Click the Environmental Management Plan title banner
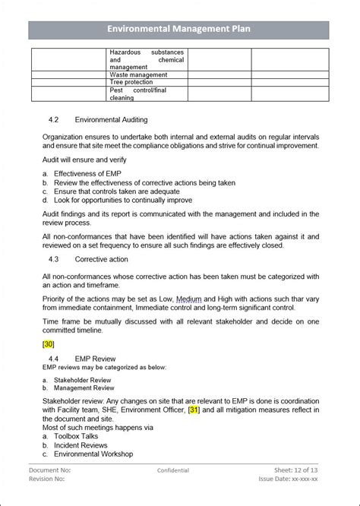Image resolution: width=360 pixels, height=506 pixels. pos(179,30)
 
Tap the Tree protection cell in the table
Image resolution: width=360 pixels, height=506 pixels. pos(132,83)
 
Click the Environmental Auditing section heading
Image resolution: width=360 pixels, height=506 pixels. pos(111,120)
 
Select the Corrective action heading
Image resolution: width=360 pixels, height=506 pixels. pos(103,259)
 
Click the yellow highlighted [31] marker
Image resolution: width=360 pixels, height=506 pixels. pos(194,411)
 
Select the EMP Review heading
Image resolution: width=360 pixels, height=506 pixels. pos(95,359)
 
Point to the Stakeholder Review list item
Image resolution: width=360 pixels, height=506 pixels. pos(82,380)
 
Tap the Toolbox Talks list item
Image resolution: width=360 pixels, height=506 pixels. pos(77,437)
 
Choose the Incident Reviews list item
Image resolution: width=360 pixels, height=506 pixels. pos(80,445)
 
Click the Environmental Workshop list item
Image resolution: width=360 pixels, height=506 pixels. pos(93,454)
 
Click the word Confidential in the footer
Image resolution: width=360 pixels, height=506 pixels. pos(173,471)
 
